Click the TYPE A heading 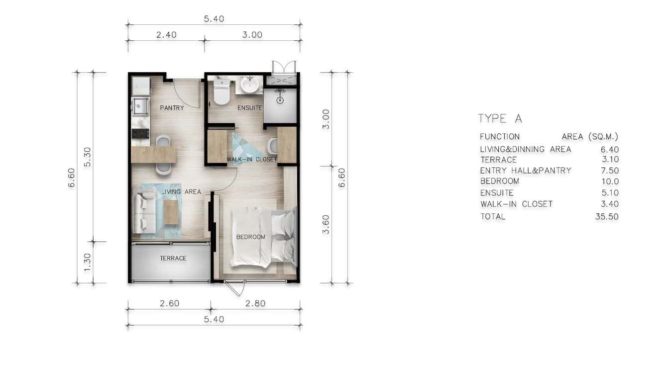point(500,118)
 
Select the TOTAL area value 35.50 point(607,216)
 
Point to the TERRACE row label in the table point(498,160)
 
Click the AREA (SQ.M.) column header point(590,136)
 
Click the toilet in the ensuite point(222,93)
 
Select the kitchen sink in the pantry point(140,105)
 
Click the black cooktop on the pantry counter point(140,133)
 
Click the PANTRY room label point(172,108)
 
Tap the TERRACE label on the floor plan point(173,258)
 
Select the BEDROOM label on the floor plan point(250,237)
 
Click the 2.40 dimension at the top point(166,35)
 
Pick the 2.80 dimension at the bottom point(255,303)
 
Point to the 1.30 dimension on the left point(87,263)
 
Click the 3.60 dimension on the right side point(326,224)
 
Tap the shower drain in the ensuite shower point(280,100)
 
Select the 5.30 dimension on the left point(87,156)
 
